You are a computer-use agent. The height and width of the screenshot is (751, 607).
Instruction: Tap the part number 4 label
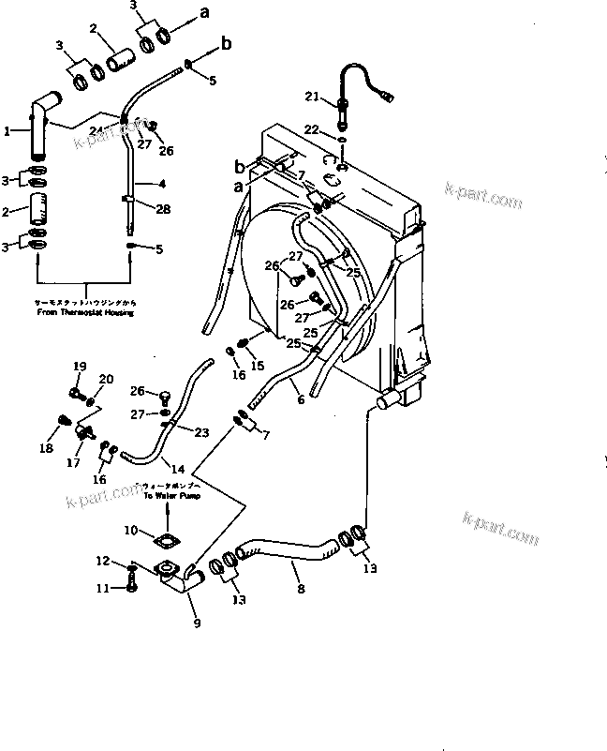pos(163,183)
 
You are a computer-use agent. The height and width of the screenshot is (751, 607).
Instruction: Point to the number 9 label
pos(196,622)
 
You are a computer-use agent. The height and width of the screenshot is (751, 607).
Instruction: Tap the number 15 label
pos(259,365)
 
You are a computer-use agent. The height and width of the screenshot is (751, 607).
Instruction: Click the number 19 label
pos(80,367)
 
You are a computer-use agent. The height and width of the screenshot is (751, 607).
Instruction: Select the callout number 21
pos(312,96)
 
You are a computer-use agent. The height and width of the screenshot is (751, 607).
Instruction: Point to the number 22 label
pos(312,128)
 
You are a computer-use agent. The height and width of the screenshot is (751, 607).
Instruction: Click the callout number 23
pos(201,432)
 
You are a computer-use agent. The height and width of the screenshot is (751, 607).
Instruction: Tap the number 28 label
pos(163,209)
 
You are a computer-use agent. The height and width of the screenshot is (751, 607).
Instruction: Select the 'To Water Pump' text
pos(166,494)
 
